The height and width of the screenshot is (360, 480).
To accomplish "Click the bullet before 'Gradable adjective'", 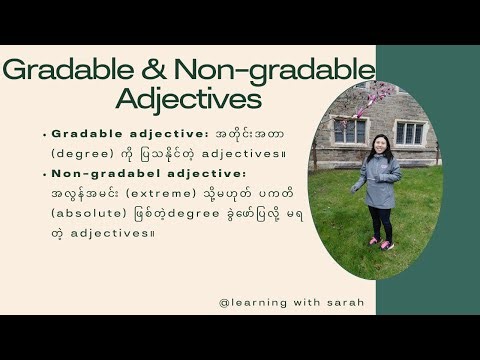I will click(45, 133).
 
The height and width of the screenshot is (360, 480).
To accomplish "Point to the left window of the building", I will click(349, 130).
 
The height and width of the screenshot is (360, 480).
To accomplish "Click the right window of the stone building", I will click(409, 132).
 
